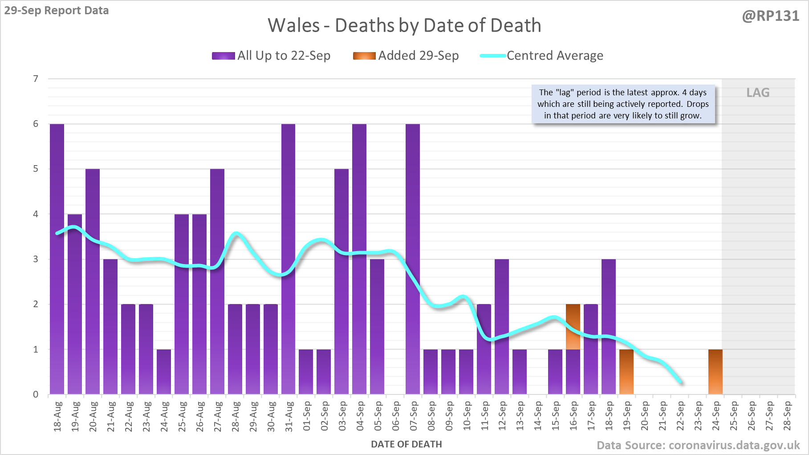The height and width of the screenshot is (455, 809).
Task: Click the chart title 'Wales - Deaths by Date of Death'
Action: (x=404, y=25)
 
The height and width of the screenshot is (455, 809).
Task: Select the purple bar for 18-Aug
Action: (x=57, y=258)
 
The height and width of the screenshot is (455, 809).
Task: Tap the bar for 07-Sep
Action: (x=413, y=258)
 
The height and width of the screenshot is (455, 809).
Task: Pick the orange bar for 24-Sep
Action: (x=715, y=372)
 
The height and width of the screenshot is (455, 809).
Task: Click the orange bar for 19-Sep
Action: (x=626, y=372)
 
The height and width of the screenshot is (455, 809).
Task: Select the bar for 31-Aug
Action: (x=288, y=258)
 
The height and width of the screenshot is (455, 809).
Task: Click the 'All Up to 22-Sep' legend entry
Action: (x=272, y=56)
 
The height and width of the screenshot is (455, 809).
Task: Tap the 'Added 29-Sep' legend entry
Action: (x=406, y=56)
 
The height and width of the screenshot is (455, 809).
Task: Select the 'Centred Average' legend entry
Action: (x=542, y=56)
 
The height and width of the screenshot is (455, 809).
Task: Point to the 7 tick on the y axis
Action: (x=36, y=79)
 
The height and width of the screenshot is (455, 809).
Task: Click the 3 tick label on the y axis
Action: (x=36, y=259)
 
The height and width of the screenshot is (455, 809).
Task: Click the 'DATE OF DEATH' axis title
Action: (x=407, y=444)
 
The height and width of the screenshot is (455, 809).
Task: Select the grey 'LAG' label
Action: (x=758, y=93)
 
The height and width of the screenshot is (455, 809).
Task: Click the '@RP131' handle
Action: (x=770, y=16)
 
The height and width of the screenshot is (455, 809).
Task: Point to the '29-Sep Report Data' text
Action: (x=57, y=10)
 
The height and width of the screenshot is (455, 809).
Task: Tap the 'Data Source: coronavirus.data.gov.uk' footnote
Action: (x=698, y=445)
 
